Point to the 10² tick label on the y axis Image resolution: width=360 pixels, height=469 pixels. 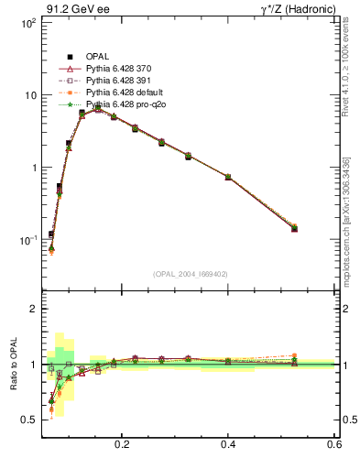click(x=27, y=23)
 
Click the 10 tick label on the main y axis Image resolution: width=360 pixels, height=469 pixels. click(x=29, y=95)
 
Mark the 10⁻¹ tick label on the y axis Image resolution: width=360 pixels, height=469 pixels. click(x=27, y=241)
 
